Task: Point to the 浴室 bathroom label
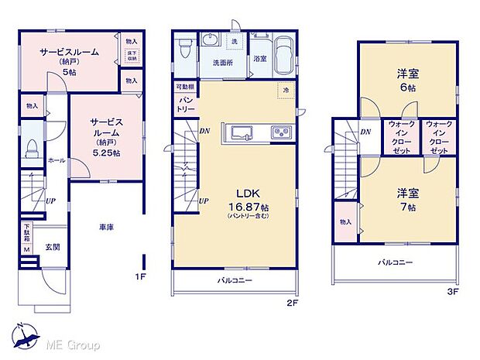coord(259,59)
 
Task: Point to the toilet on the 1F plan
coord(33,147)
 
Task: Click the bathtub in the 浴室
coord(280,52)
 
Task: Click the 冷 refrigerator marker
coord(285,90)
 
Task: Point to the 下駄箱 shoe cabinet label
coord(26,232)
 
